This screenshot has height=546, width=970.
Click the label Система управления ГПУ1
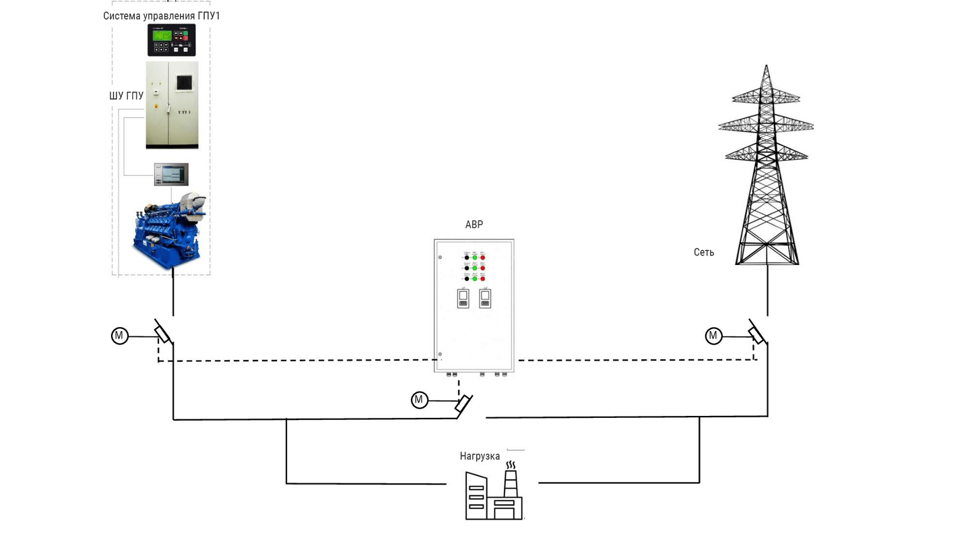coord(162,16)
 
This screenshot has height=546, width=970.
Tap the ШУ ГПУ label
coord(127,96)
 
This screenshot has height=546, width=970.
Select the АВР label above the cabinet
coord(474,224)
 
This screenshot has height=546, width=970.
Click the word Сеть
coord(704,252)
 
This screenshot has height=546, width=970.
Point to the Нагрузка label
coord(480,456)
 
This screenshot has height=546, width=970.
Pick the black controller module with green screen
coord(172,40)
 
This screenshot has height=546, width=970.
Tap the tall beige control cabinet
coord(172,104)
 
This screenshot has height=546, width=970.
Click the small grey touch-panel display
coord(171,174)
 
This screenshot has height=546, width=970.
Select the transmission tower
coord(767,169)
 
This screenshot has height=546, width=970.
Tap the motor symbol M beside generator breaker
coord(120,335)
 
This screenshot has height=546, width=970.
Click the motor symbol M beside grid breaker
coord(713,335)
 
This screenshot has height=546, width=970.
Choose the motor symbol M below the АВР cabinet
coord(420,400)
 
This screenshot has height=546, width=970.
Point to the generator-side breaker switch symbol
coord(163,332)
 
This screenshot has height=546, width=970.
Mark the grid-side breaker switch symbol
coord(757,332)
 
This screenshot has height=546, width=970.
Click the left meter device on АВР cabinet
coord(463,299)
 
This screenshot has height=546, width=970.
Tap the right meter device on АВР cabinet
coord(485,299)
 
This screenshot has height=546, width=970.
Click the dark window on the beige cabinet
coord(185,83)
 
